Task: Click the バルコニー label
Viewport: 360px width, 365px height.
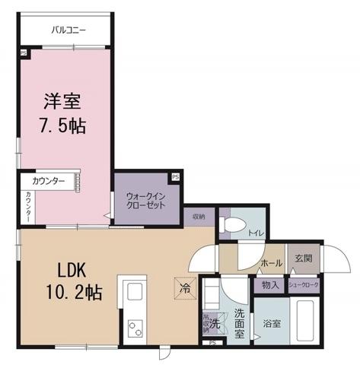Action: tap(68, 31)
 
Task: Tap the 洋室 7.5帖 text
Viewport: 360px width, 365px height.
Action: tap(62, 112)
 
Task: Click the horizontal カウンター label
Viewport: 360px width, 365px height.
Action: tap(48, 182)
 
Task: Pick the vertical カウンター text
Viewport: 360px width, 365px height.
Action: tap(29, 207)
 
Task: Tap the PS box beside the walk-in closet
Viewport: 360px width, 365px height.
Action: tap(176, 177)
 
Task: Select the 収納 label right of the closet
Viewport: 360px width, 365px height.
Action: tap(199, 216)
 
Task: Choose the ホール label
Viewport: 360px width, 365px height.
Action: tap(272, 263)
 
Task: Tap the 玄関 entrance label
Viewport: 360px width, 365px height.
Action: tap(302, 259)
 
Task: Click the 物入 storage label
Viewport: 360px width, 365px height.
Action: tap(269, 285)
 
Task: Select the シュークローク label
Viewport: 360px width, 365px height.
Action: tap(304, 285)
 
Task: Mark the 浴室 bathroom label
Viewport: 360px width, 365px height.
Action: tap(272, 323)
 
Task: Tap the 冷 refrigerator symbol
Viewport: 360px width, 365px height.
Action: tap(185, 289)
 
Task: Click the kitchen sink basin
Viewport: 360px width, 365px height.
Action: tap(135, 294)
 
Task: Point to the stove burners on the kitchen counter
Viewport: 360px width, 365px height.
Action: tap(135, 328)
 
